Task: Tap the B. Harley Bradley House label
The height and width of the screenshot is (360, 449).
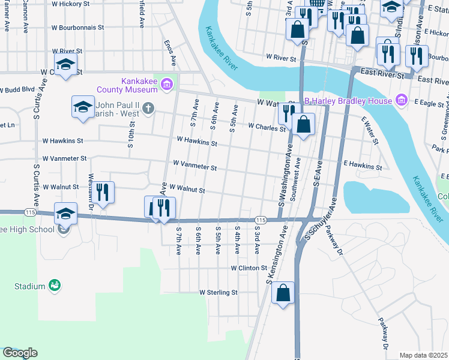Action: tap(348, 101)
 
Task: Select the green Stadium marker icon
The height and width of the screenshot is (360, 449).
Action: tap(55, 286)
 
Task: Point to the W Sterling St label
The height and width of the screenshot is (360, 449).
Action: tap(218, 293)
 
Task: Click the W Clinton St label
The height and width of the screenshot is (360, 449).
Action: tap(248, 268)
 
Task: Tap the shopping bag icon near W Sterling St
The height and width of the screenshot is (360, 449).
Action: tap(283, 293)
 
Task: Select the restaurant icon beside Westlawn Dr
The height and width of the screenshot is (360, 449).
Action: tap(103, 192)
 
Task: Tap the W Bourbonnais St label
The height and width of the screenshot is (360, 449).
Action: tap(77, 28)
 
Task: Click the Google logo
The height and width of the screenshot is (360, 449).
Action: tap(20, 353)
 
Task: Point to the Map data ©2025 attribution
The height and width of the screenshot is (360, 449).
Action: tap(423, 355)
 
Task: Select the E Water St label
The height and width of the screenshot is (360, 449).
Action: tap(370, 130)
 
